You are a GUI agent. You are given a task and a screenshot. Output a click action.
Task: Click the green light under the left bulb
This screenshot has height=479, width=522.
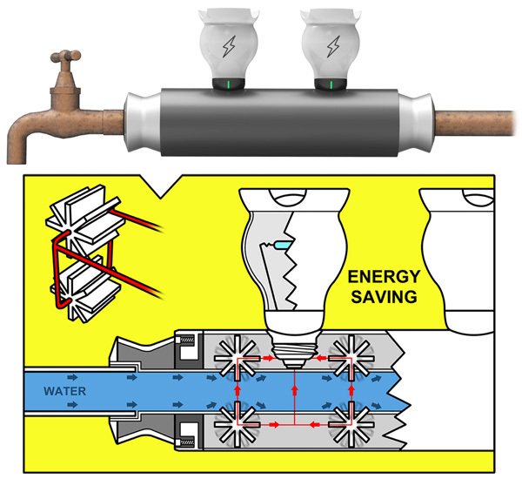pos(227,84)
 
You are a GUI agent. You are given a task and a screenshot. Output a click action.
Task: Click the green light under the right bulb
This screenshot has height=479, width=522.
pos(331,84)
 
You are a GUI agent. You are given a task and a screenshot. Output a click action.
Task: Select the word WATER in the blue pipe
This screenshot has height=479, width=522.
pos(66,390)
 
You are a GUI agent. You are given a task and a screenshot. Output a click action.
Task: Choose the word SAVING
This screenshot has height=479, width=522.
pos(383,298)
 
